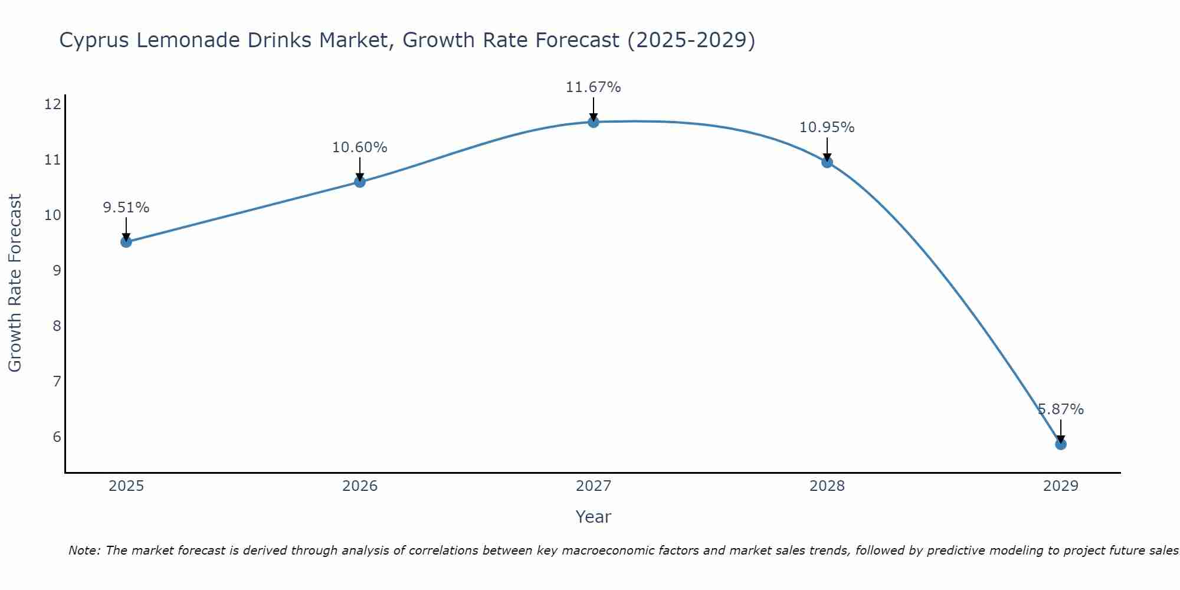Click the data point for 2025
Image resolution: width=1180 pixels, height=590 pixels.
click(x=126, y=241)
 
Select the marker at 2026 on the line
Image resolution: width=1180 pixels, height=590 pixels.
click(x=360, y=181)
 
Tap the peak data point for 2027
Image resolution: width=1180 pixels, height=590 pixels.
click(x=594, y=122)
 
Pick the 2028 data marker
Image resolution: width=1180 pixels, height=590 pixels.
click(x=827, y=162)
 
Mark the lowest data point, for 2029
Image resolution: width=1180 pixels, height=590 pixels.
click(x=1061, y=444)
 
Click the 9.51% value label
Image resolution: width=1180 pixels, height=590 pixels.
click(x=126, y=208)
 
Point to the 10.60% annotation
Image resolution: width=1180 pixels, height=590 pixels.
click(x=360, y=147)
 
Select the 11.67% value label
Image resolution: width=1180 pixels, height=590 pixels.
click(x=594, y=87)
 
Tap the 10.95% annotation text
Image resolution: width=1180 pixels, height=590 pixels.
click(x=827, y=127)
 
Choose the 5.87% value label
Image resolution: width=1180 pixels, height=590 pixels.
click(x=1061, y=409)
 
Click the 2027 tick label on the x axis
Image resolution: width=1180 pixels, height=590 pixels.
click(x=594, y=486)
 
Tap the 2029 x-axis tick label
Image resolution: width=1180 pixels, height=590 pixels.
click(x=1061, y=486)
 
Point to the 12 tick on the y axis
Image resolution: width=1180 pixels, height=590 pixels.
click(x=53, y=104)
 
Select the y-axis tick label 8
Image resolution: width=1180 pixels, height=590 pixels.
click(x=57, y=326)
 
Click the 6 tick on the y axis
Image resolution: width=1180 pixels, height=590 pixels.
click(x=57, y=437)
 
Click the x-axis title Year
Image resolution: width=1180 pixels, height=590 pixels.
click(x=594, y=517)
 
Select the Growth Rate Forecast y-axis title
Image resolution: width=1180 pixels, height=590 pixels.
click(x=15, y=283)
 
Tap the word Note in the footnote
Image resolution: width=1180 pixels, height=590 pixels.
click(x=84, y=550)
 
